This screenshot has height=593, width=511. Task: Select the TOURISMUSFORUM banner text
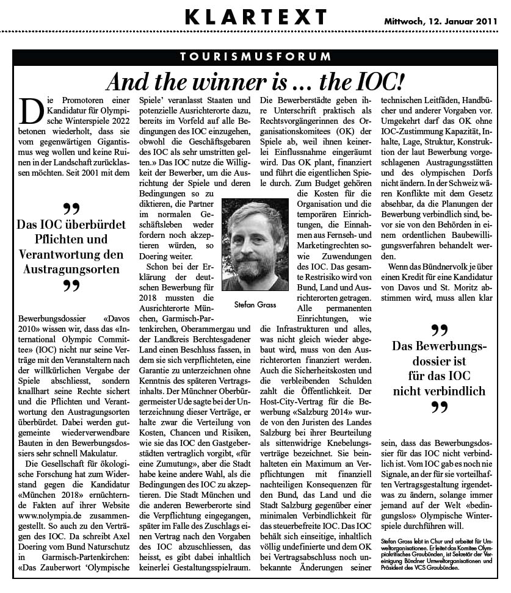pos(256,57)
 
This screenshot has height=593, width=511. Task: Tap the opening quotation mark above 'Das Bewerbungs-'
pos(439,330)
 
